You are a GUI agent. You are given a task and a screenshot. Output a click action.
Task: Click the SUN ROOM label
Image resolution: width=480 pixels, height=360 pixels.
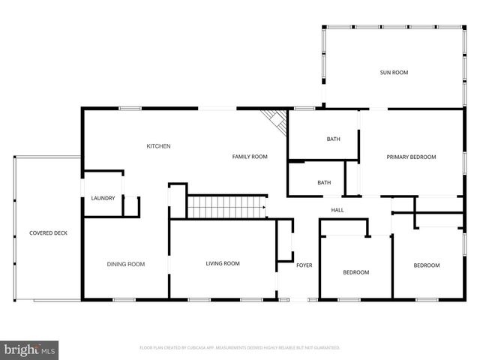pyautogui.click(x=394, y=73)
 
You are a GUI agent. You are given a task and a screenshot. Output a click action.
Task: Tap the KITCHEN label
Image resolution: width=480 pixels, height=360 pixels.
pyautogui.click(x=158, y=146)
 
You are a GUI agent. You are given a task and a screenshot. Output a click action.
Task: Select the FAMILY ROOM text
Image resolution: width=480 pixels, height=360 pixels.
pyautogui.click(x=250, y=157)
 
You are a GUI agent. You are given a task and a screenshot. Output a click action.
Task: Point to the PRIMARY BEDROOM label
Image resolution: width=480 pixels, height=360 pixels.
pyautogui.click(x=411, y=157)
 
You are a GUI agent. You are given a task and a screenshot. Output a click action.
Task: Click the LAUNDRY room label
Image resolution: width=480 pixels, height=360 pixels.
pyautogui.click(x=103, y=198)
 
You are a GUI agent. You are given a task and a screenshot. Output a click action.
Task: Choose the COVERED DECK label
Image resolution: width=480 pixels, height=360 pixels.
pyautogui.click(x=48, y=233)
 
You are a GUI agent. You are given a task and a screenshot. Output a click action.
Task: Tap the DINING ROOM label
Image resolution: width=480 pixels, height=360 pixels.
pyautogui.click(x=125, y=264)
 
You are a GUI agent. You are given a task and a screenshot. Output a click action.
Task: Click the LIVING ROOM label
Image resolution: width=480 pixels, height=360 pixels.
pyautogui.click(x=223, y=263)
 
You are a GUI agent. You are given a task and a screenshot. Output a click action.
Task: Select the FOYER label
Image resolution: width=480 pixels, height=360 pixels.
pyautogui.click(x=304, y=265)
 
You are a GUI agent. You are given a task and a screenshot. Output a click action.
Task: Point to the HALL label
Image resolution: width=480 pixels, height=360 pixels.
pyautogui.click(x=337, y=210)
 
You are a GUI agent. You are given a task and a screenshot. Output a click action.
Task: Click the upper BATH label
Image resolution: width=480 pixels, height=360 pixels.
pyautogui.click(x=333, y=139)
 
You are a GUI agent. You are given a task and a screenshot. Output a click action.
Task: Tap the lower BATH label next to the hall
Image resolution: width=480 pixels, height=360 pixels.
pyautogui.click(x=324, y=182)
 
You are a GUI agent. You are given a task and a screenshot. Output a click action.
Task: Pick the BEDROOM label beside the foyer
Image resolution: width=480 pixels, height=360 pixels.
pyautogui.click(x=356, y=272)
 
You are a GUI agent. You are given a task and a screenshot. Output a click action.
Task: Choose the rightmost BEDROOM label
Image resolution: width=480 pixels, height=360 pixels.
pyautogui.click(x=427, y=265)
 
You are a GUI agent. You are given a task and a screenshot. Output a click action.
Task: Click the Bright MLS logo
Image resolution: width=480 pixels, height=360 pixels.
pyautogui.click(x=30, y=349)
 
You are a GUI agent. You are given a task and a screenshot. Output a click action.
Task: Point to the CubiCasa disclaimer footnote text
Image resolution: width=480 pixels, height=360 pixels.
pyautogui.click(x=240, y=348)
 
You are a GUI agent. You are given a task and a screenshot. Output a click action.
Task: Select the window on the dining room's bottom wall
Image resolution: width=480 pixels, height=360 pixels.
pyautogui.click(x=124, y=300)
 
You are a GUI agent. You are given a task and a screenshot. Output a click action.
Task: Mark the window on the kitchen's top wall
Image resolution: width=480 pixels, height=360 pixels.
pyautogui.click(x=130, y=109)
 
